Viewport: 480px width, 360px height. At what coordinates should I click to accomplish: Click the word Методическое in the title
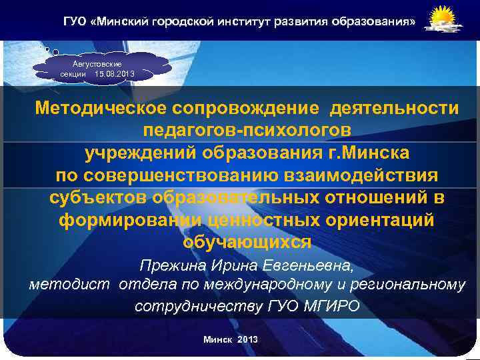point(99,107)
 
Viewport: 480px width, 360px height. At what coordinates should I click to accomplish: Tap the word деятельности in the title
point(387,107)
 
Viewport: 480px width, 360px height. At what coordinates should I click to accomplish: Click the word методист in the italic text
point(71,285)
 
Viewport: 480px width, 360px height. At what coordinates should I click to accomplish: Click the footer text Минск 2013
point(230,340)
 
